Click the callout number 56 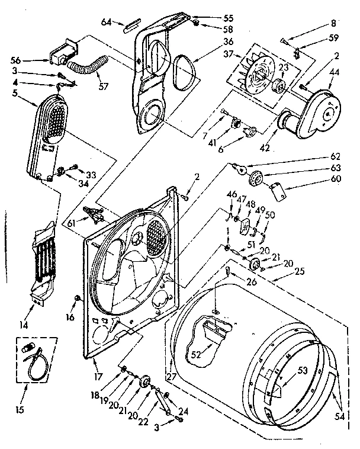pos(16,59)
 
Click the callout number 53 pos(303,371)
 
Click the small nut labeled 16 pos(77,297)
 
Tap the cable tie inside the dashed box pos(34,363)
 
